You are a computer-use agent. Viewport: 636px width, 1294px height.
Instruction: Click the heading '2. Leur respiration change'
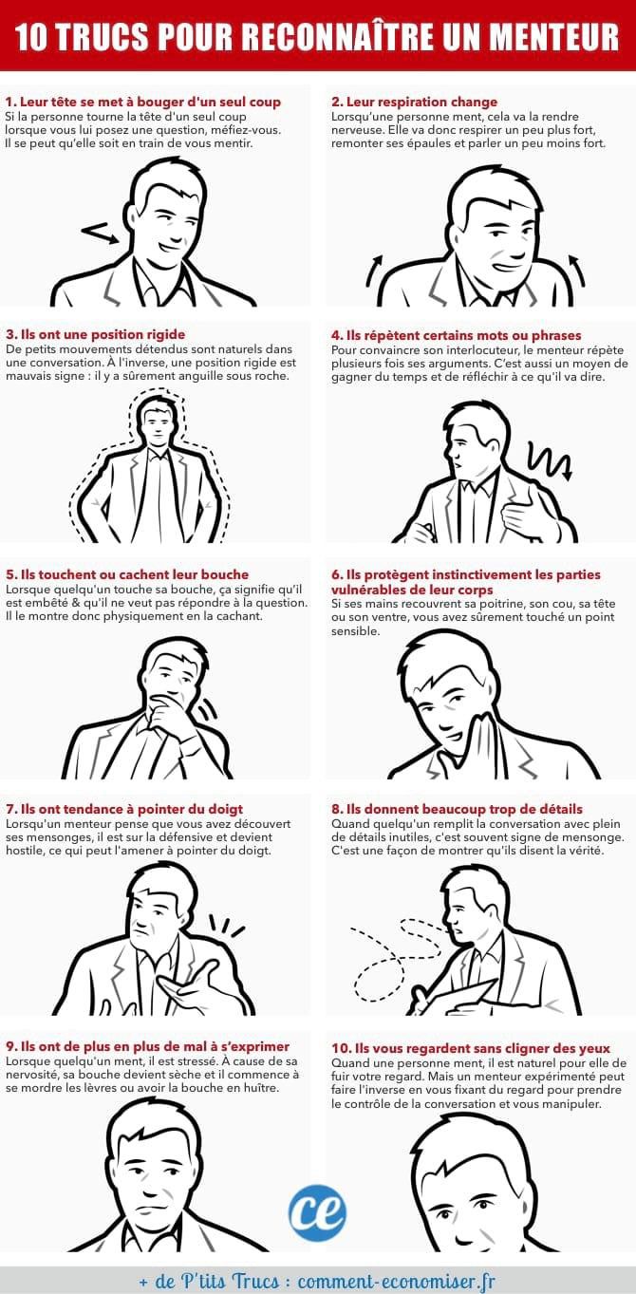click(x=414, y=102)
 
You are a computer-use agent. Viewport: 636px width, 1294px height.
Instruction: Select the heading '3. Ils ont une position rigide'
click(x=95, y=334)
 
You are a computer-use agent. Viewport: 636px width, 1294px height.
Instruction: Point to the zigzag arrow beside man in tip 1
click(x=101, y=233)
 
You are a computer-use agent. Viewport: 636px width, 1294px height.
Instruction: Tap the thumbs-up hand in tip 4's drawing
click(x=529, y=516)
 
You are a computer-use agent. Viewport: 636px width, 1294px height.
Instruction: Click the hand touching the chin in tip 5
click(x=167, y=717)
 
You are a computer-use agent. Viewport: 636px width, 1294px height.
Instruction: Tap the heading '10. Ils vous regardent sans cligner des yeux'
click(x=471, y=1048)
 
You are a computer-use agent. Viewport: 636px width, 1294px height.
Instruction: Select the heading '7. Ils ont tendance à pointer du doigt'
click(x=124, y=809)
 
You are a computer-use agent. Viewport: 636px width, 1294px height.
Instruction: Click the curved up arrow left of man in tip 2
click(x=374, y=271)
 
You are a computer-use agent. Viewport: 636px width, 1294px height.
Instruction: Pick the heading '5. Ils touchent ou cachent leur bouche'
click(x=127, y=574)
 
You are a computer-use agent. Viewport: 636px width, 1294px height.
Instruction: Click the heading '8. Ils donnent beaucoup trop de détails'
click(x=457, y=809)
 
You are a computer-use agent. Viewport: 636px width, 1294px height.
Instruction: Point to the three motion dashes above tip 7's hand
click(x=225, y=926)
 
